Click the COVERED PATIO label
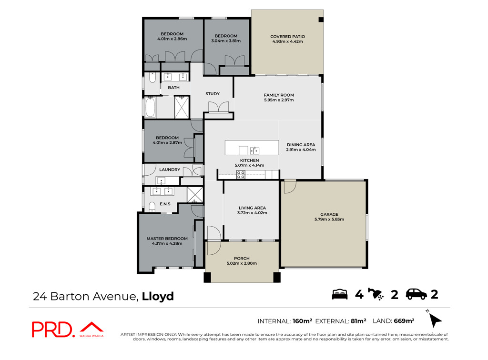(x=287, y=36)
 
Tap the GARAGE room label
(x=329, y=214)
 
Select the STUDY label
(x=213, y=94)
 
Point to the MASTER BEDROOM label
(x=167, y=239)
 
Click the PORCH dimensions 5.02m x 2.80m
(x=242, y=263)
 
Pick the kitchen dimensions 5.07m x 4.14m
(x=250, y=165)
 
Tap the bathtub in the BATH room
(x=150, y=107)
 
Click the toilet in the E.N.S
(x=152, y=207)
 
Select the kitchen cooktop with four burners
(x=241, y=175)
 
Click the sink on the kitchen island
(x=254, y=150)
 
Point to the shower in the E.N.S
(x=195, y=195)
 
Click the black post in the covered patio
(x=321, y=20)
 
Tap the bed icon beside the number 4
(x=340, y=294)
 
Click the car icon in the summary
(x=417, y=294)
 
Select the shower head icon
(x=376, y=294)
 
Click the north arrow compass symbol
(x=435, y=320)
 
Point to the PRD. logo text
(x=53, y=330)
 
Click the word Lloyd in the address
(x=158, y=296)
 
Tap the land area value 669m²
(x=404, y=321)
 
